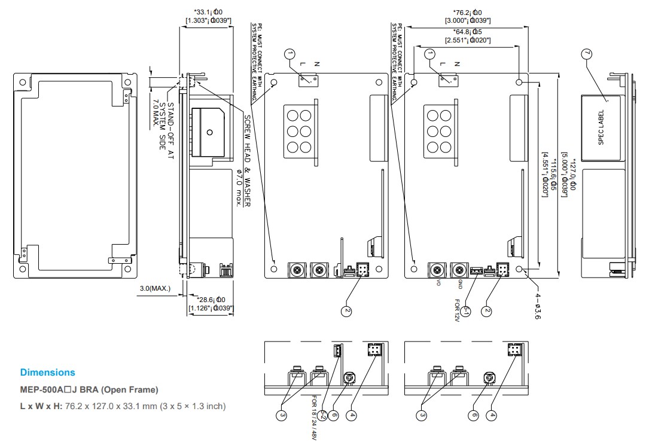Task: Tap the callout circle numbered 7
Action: [x=587, y=54]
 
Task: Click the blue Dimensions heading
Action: [x=48, y=373]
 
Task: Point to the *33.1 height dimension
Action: [x=209, y=16]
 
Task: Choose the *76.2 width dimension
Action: [x=467, y=16]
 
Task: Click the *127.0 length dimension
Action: [x=573, y=173]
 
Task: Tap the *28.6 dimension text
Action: [x=211, y=303]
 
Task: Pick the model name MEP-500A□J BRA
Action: [x=89, y=390]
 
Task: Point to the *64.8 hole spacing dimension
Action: [x=467, y=36]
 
